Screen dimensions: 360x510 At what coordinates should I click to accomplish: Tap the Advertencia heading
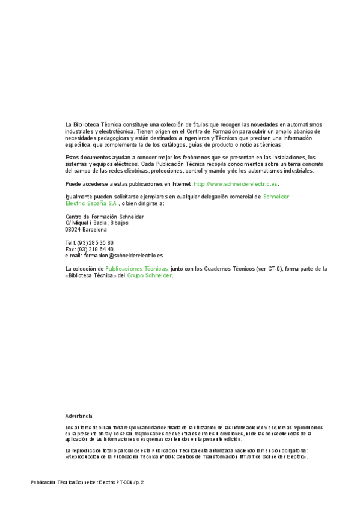pyautogui.click(x=79, y=416)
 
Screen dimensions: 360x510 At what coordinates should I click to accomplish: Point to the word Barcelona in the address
pyautogui.click(x=95, y=229)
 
